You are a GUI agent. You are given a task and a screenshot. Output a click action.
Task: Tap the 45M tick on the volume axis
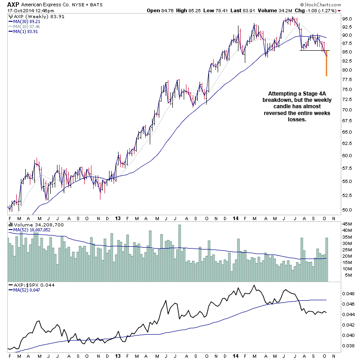pos(348,224)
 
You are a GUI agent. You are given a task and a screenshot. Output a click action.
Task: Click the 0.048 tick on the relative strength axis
pos(349,293)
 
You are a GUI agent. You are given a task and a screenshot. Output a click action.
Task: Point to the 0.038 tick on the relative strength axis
pos(349,346)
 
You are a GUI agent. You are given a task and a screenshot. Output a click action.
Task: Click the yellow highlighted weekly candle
pos(326,63)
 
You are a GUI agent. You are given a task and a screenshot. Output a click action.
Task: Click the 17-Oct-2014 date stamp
pos(20,10)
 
